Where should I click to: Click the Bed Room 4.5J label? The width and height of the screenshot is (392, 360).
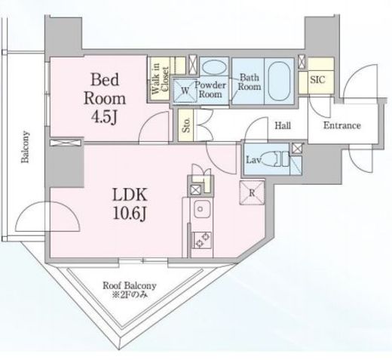point(105,99)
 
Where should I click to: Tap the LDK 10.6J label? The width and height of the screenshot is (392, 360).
point(130,204)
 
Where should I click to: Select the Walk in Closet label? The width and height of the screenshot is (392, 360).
point(160,78)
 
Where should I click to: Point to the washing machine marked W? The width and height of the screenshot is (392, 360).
point(185,91)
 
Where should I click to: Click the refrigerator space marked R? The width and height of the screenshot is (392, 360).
point(252,192)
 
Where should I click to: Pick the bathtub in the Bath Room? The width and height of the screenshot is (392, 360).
point(279,81)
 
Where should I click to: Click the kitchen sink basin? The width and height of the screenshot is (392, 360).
point(201,209)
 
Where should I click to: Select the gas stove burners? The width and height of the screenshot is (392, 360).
point(202,240)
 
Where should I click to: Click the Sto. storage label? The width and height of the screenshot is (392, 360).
point(186,125)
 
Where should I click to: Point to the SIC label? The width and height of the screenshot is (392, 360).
point(317,80)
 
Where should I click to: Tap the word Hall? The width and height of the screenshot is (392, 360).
point(283,125)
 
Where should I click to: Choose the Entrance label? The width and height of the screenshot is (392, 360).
point(342,125)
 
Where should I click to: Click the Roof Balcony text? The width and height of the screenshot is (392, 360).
point(130,286)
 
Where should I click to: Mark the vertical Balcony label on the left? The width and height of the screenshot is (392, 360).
point(25,147)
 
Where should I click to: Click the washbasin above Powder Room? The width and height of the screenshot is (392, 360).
point(214,67)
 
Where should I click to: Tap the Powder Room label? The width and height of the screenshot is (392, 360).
point(210,90)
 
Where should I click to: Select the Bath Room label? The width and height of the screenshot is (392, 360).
point(250,82)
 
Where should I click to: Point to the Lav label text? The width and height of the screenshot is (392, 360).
point(254,160)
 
